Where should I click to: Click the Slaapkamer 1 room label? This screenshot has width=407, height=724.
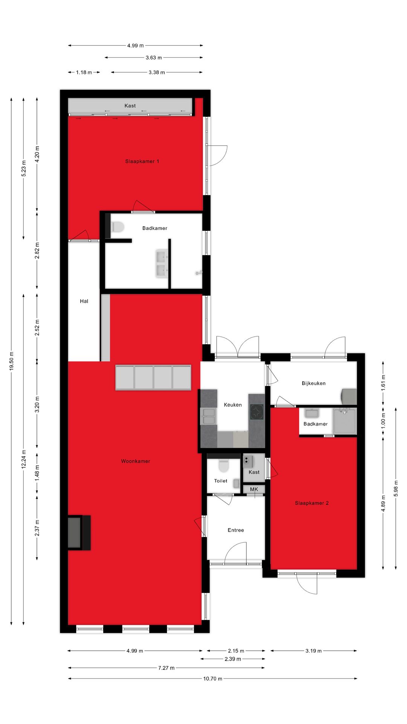click(142, 161)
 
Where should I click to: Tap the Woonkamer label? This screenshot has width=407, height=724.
click(135, 461)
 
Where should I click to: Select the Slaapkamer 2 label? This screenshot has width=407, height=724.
click(312, 503)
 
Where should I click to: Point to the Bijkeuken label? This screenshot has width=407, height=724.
click(314, 383)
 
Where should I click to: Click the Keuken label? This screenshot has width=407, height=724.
click(233, 405)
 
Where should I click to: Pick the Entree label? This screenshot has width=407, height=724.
click(236, 530)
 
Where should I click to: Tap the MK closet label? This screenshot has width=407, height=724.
click(254, 489)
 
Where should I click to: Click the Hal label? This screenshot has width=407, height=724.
click(84, 301)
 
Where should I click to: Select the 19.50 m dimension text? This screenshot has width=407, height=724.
click(11, 361)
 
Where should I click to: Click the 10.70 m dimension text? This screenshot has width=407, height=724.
click(213, 679)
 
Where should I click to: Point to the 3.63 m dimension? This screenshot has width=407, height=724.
click(154, 58)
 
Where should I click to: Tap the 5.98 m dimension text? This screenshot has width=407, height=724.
click(396, 488)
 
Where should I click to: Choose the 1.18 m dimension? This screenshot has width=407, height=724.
click(84, 72)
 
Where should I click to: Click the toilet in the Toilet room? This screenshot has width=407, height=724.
click(224, 466)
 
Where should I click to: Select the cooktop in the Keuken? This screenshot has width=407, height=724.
click(257, 412)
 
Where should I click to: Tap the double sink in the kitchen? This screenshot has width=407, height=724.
click(208, 416)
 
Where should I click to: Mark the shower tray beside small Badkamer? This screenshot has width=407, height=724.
click(344, 420)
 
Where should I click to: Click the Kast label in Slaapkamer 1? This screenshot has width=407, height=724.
click(130, 106)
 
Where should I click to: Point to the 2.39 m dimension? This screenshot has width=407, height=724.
click(233, 659)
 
